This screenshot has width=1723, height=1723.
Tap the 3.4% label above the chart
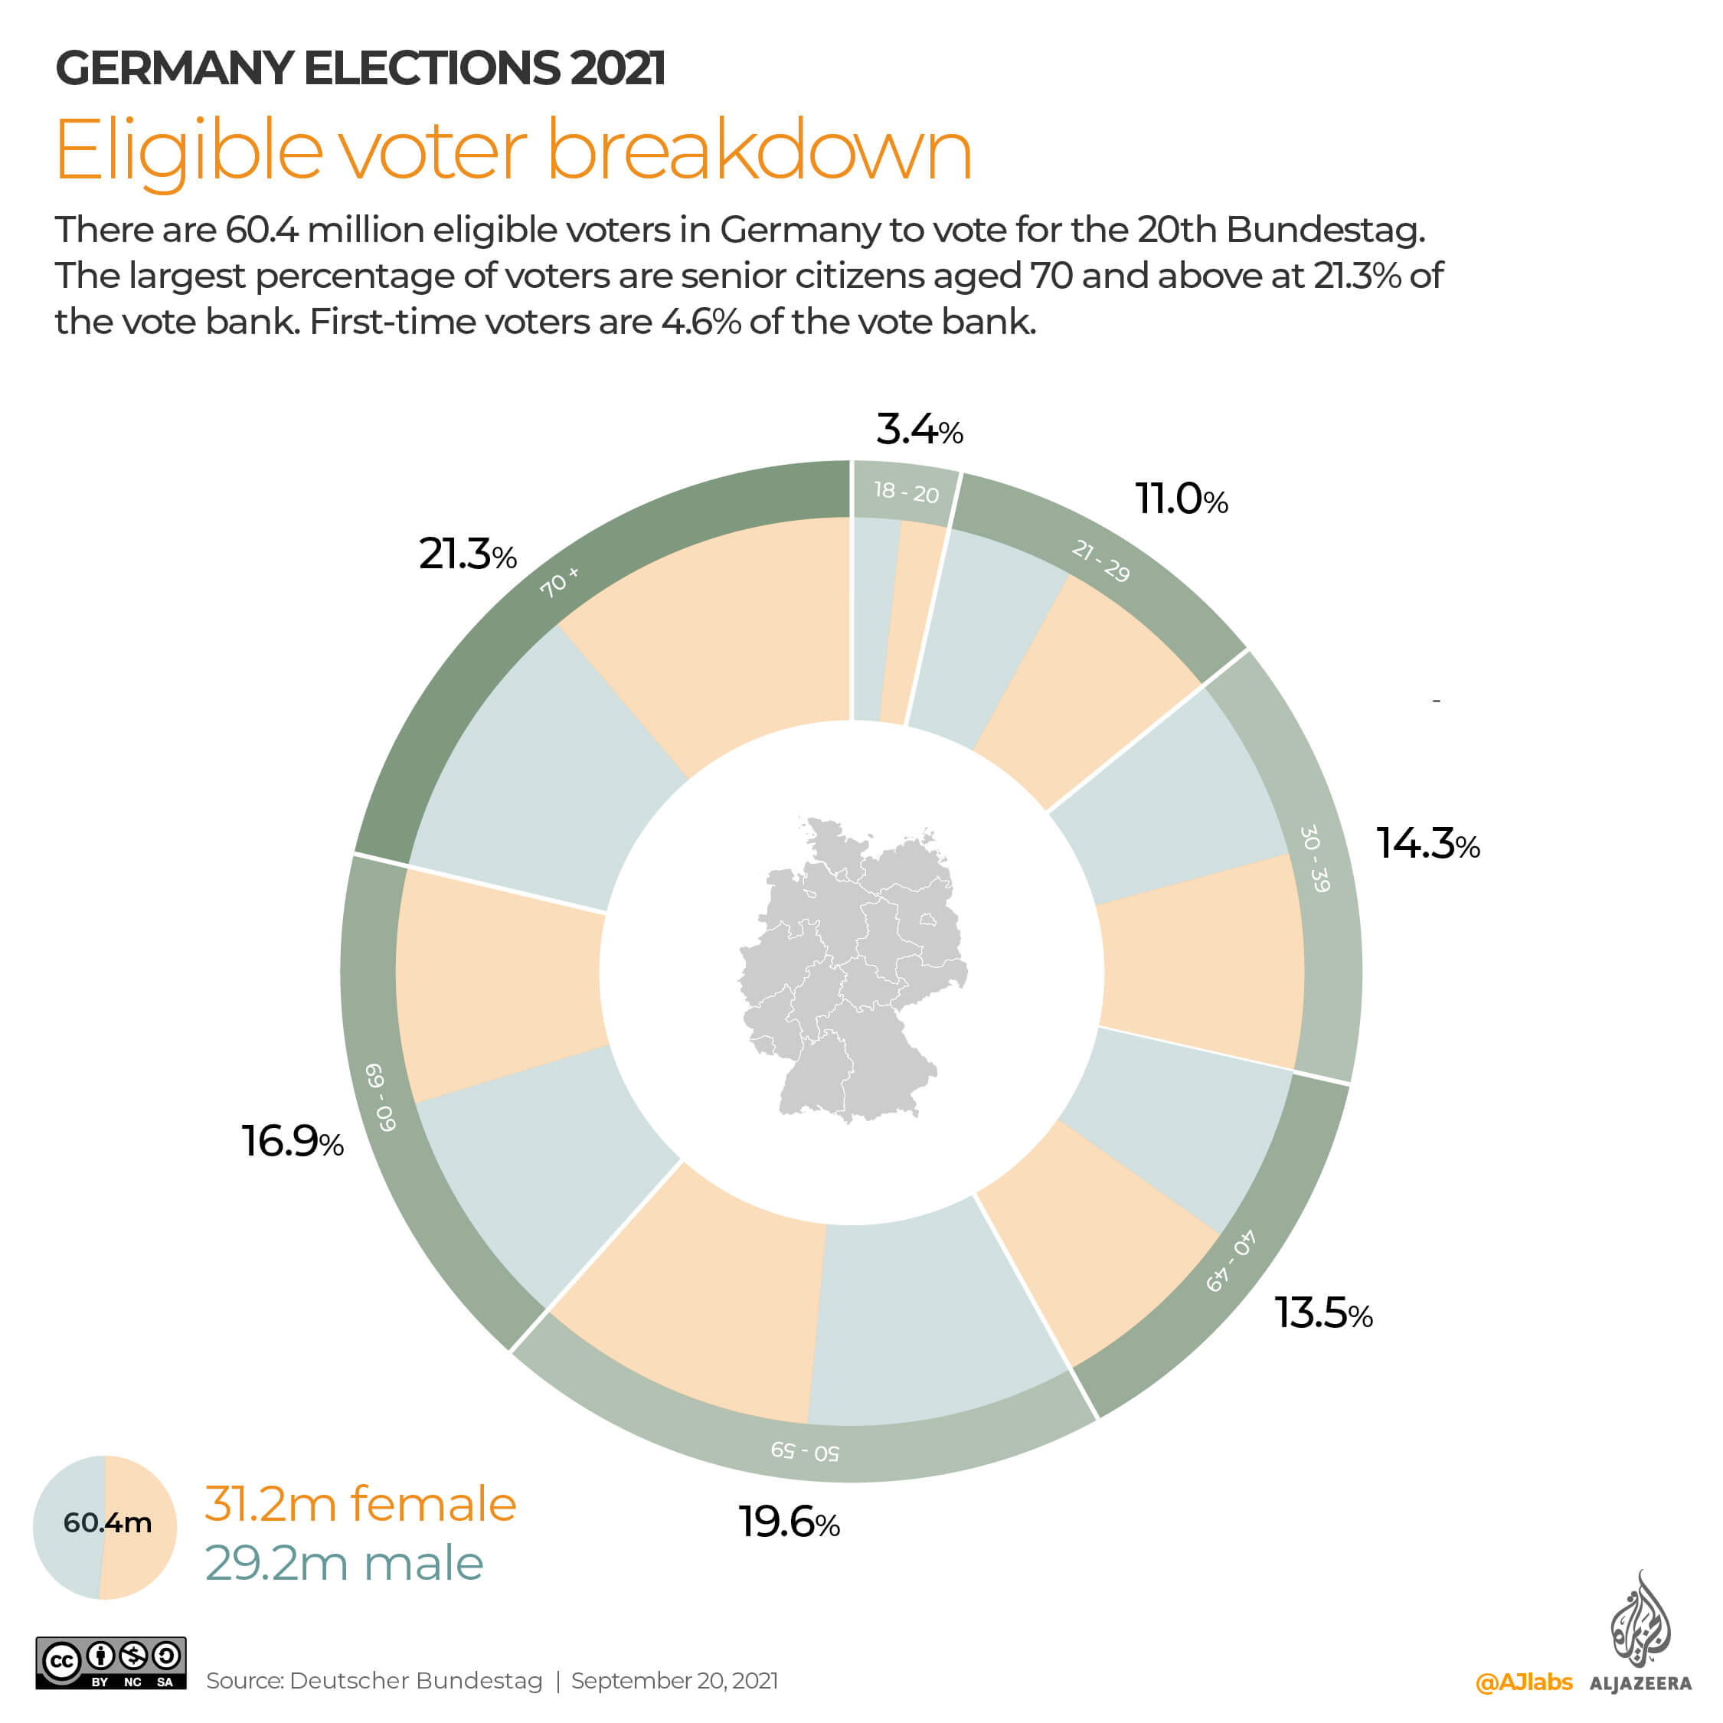[x=919, y=430]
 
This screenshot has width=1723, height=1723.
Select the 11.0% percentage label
[x=1180, y=499]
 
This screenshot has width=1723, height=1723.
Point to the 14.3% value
[x=1427, y=844]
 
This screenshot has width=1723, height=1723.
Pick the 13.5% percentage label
[x=1322, y=1313]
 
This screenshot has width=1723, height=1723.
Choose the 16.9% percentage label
[x=292, y=1143]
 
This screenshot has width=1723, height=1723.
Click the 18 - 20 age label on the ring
[x=906, y=492]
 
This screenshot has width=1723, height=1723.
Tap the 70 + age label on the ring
[x=559, y=581]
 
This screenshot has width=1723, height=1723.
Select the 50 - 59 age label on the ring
[x=804, y=1451]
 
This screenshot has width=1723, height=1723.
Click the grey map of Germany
[x=852, y=968]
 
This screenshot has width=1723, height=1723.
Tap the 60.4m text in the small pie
[x=107, y=1522]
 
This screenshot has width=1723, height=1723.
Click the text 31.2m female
[x=360, y=1504]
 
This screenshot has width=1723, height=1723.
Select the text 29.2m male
[x=345, y=1564]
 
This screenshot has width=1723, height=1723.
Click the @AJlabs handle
[x=1523, y=1682]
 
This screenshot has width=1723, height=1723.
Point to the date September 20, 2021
[x=674, y=1681]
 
